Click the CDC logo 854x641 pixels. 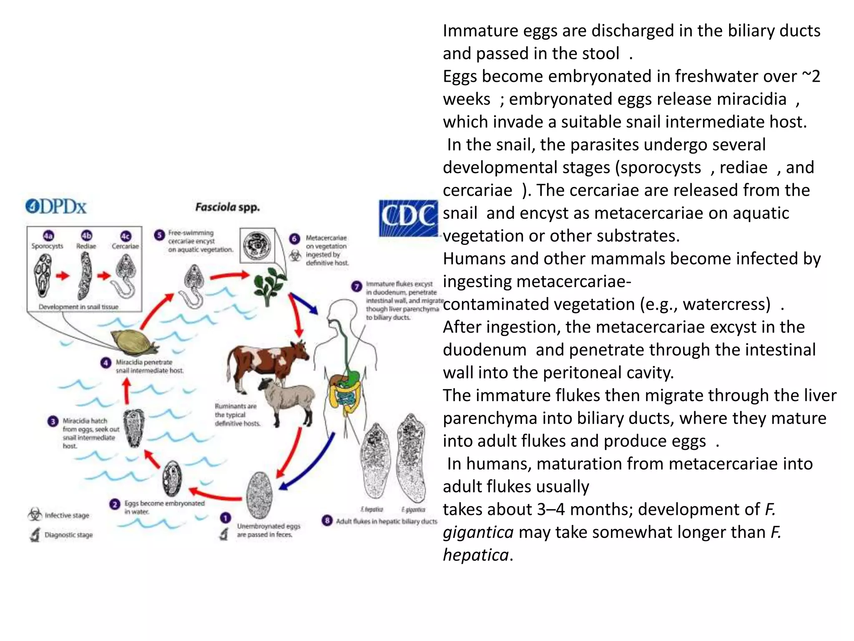pos(408,218)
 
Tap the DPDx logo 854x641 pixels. pos(56,207)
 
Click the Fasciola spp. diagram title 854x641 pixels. pos(227,207)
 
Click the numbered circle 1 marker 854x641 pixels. pos(225,518)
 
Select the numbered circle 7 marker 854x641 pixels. pos(356,286)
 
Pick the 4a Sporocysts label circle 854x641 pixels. pos(48,236)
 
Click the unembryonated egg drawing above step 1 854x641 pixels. pos(259,495)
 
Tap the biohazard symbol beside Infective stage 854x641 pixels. pos(35,515)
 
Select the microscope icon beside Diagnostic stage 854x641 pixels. pos(35,535)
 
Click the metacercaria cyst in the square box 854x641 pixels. pos(257,245)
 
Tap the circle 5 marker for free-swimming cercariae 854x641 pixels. pos(159,235)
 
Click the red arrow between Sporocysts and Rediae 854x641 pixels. pos(63,276)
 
